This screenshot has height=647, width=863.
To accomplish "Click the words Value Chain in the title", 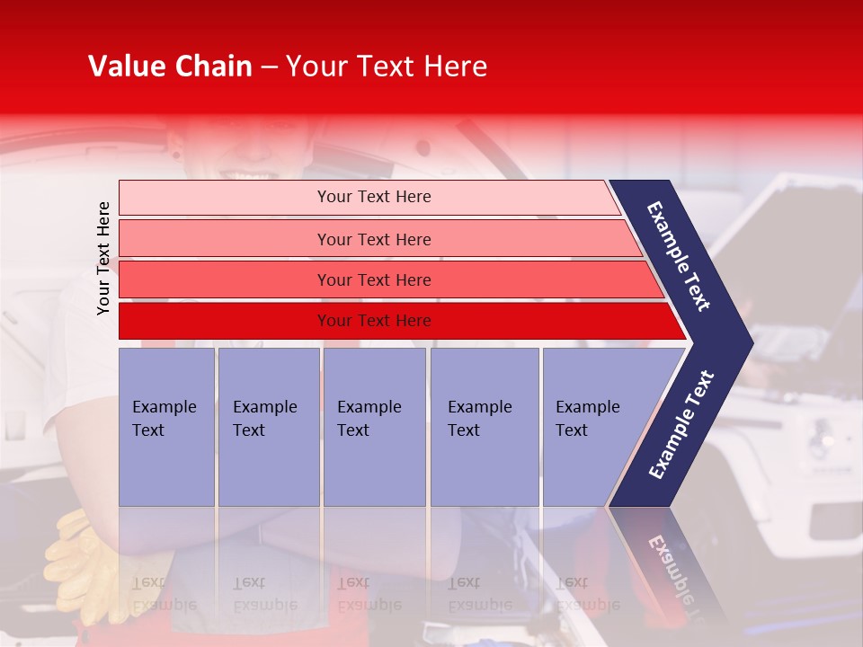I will click(x=170, y=66).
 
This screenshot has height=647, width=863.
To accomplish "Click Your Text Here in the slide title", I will click(x=387, y=66).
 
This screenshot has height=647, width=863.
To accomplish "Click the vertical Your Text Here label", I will click(x=103, y=258).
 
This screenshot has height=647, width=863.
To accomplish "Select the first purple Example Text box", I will click(x=166, y=427).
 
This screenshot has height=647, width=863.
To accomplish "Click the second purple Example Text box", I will click(x=268, y=427).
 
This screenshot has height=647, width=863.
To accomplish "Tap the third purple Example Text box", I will click(x=373, y=427).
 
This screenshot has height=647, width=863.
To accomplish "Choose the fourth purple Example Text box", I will click(x=484, y=427).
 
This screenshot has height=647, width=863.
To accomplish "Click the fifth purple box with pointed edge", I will click(x=593, y=427).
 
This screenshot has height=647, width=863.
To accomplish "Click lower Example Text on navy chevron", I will click(x=681, y=425).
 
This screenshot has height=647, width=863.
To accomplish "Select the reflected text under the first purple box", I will click(x=164, y=594).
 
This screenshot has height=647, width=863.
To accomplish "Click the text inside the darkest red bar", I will click(x=374, y=321).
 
